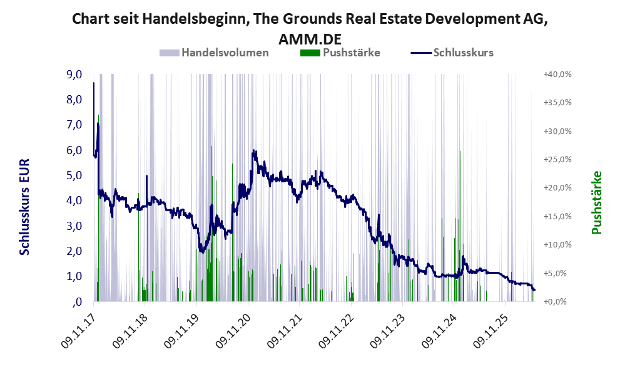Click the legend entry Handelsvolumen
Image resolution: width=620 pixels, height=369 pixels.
(214, 53)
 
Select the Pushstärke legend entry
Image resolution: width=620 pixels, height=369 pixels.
(340, 53)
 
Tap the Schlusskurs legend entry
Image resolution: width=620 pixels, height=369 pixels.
(452, 53)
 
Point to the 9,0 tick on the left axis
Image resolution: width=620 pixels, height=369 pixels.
(74, 75)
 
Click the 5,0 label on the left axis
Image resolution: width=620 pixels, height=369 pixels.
(74, 175)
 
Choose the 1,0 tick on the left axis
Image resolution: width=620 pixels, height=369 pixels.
(74, 276)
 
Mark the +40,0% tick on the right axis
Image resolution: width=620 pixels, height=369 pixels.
(557, 75)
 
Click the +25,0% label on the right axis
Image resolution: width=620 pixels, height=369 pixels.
(557, 160)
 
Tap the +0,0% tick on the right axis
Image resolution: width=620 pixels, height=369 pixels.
(557, 302)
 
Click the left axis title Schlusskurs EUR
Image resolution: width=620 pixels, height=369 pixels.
(24, 207)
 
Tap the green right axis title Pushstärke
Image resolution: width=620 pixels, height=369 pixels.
(596, 202)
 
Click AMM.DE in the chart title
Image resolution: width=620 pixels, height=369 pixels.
(310, 39)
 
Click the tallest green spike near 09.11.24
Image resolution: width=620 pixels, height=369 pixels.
(460, 226)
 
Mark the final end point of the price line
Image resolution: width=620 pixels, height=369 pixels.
(534, 290)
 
